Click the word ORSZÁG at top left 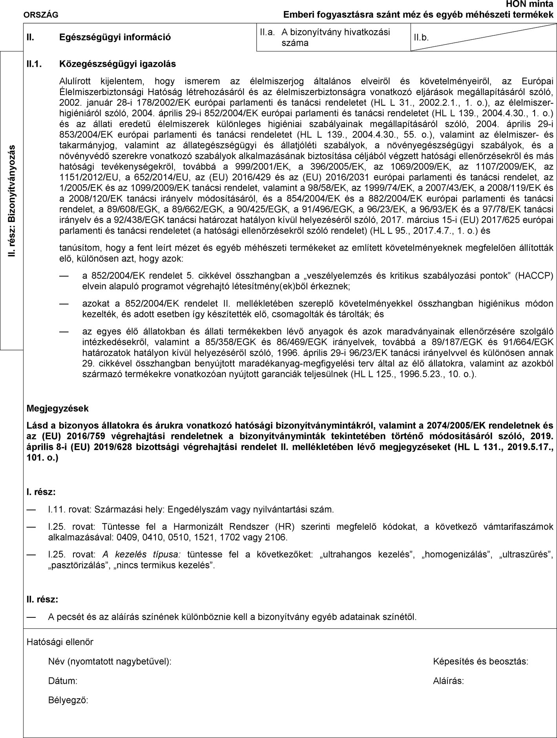click(41, 15)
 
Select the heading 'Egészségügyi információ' click(115, 37)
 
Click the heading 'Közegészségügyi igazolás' click(117, 63)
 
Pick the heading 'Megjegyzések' click(58, 408)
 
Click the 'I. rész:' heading click(41, 491)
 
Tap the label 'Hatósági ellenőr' click(60, 642)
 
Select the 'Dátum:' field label click(62, 681)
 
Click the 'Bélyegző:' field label click(68, 700)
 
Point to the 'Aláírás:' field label click(448, 681)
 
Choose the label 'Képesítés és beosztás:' click(480, 661)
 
